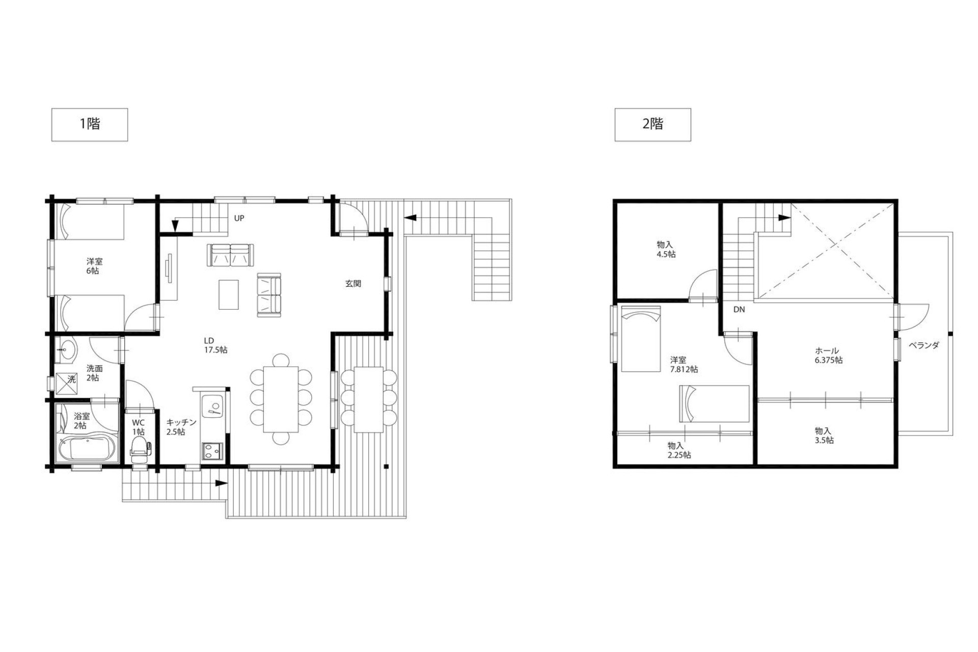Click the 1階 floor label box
pos(90,124)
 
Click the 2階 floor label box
pos(653,124)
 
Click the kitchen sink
pos(211,406)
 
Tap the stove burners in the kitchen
pos(211,450)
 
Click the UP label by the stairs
pos(239,218)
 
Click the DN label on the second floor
pos(739,309)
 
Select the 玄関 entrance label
pos(353,283)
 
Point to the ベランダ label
pos(923,345)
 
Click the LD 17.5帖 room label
pos(215,345)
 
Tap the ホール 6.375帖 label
pos(828,356)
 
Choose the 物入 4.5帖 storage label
pos(666,249)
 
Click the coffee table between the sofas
pos(229,294)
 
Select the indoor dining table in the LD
pos(281,399)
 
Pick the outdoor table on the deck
pos(369,399)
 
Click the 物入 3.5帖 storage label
pos(824,436)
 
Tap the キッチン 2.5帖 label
pos(181,427)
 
